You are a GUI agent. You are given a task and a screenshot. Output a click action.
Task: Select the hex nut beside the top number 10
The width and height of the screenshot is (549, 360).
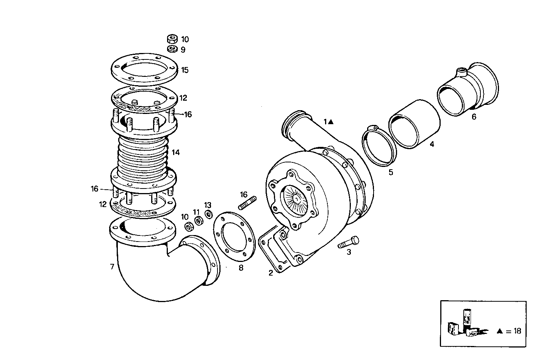pos(172,39)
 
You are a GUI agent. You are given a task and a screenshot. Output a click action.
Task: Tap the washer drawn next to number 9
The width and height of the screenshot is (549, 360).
pos(172,49)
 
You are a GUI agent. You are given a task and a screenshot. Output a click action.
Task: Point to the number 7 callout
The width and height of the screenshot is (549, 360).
pos(112,266)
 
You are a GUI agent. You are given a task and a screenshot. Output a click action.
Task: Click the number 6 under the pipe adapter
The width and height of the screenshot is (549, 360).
pos(474,117)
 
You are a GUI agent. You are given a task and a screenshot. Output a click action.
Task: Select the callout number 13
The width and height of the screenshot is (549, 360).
pos(208,205)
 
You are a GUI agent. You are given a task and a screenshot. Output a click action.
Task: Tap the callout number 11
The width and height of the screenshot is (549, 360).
pos(196,212)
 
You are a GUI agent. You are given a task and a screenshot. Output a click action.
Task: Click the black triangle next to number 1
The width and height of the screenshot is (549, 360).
pos(331,122)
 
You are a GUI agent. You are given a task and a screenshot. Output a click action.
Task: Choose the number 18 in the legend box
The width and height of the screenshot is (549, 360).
pos(517,331)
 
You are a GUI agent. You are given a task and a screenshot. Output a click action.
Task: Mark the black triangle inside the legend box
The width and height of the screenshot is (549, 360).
pos(500,331)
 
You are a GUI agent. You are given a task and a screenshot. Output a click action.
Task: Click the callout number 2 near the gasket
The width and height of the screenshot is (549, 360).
pos(271,273)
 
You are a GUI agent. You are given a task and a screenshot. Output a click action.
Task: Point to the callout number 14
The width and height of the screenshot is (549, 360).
pos(175,153)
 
